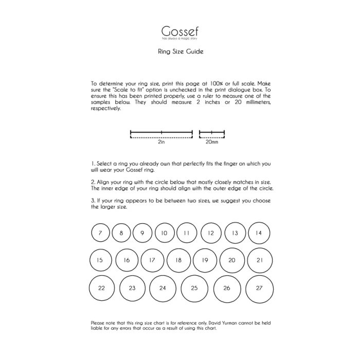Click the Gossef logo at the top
click(x=180, y=30)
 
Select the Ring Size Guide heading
click(x=180, y=51)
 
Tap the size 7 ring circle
click(x=100, y=233)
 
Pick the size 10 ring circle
click(x=165, y=233)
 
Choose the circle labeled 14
click(x=259, y=233)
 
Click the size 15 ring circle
click(x=100, y=260)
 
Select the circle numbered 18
click(x=178, y=260)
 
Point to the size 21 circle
click(x=260, y=260)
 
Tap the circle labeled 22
click(x=102, y=288)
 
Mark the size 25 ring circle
click(x=194, y=288)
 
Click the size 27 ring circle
click(x=259, y=288)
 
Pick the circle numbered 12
click(x=211, y=233)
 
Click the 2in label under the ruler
click(x=161, y=142)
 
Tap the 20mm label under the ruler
click(x=211, y=142)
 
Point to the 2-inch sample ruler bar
click(x=161, y=134)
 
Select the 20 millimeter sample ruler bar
click(x=212, y=134)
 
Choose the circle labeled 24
click(x=163, y=288)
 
